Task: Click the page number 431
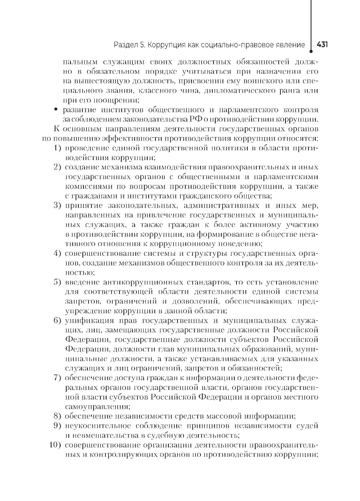[322, 45]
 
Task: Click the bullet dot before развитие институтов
[55, 109]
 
